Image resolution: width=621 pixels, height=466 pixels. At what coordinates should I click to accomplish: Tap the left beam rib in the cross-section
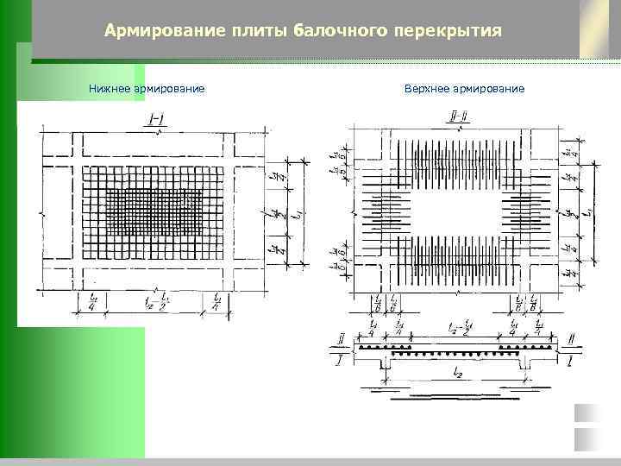click(x=384, y=368)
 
